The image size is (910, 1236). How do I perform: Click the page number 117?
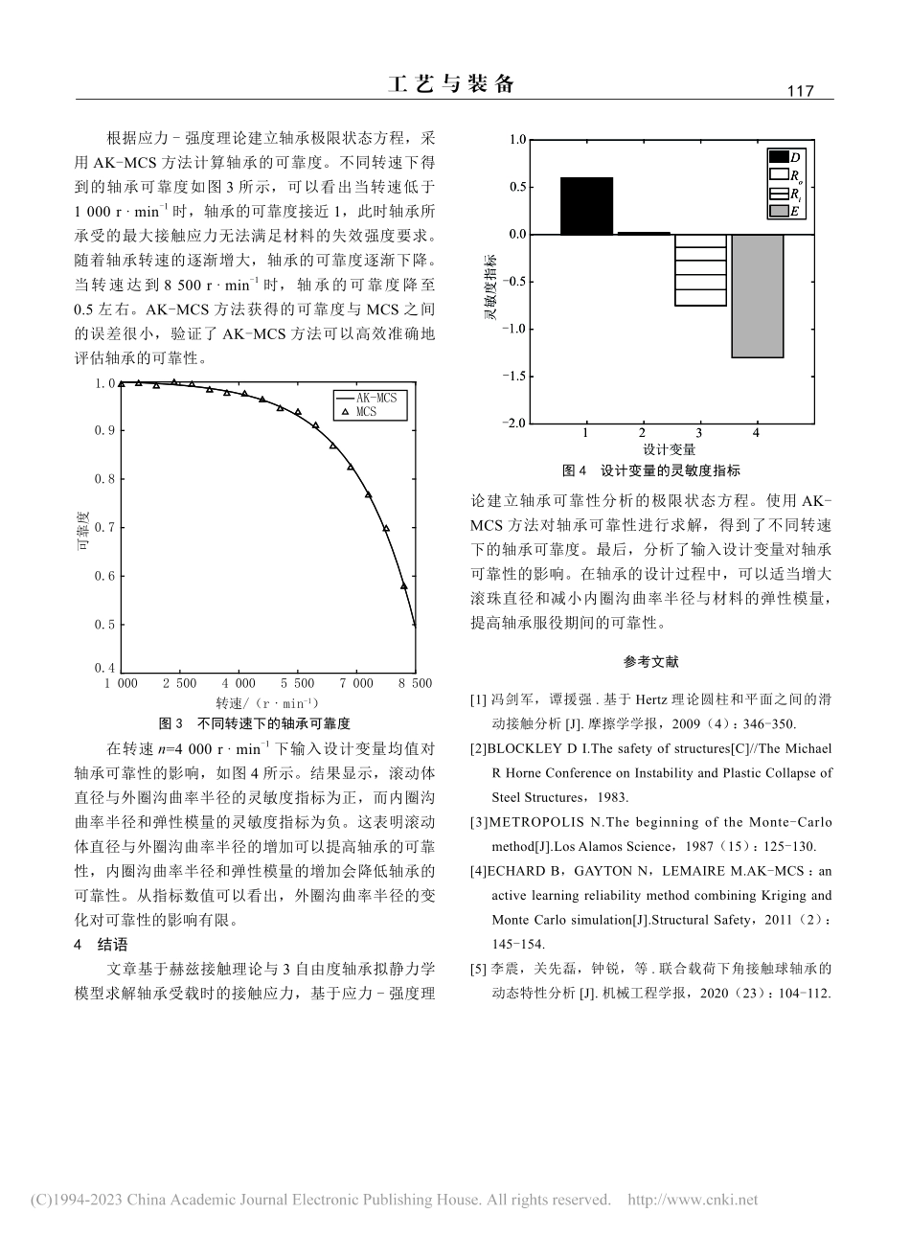(798, 91)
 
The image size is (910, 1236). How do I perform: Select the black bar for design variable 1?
(586, 206)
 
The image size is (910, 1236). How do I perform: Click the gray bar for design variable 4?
(757, 295)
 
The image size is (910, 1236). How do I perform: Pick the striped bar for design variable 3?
(700, 270)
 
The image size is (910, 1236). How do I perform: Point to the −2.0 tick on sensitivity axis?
(514, 423)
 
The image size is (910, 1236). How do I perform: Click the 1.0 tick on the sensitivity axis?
(517, 141)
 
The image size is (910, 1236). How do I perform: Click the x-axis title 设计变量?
(670, 449)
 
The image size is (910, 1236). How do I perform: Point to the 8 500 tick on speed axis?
(415, 683)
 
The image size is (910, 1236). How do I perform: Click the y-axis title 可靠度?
(83, 533)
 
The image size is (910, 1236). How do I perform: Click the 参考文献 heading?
(650, 661)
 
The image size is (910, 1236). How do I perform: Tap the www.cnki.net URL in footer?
(692, 1200)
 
